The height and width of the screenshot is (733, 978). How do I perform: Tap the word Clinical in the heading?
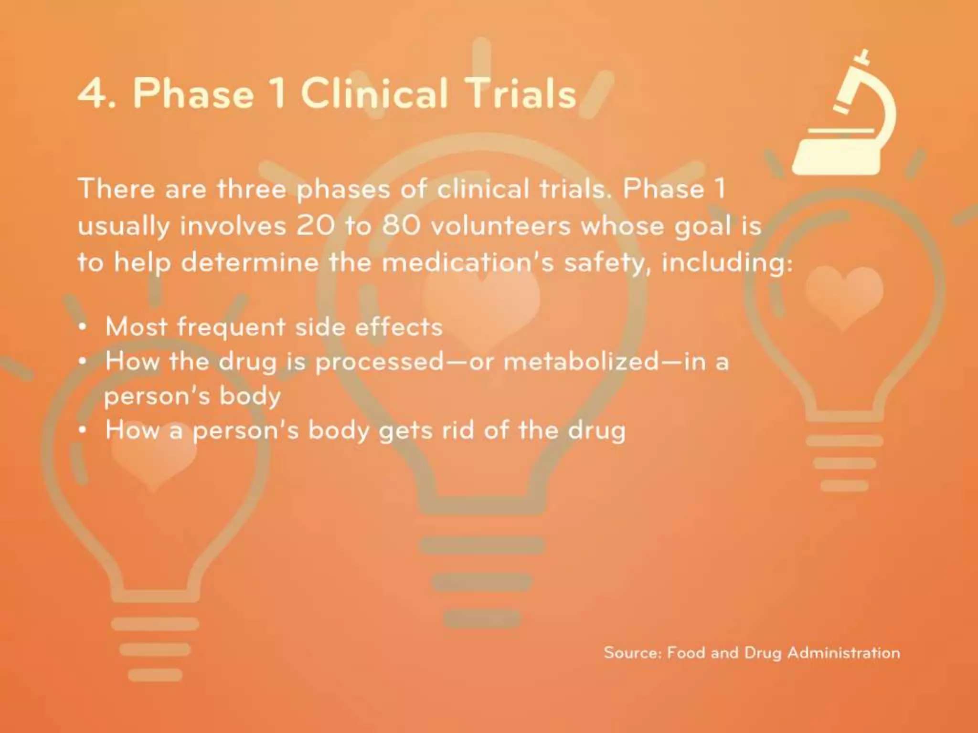374,93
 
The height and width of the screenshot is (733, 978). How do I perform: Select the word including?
726,263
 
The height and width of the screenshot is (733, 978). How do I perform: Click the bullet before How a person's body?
83,431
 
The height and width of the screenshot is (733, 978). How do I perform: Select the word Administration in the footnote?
843,652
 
